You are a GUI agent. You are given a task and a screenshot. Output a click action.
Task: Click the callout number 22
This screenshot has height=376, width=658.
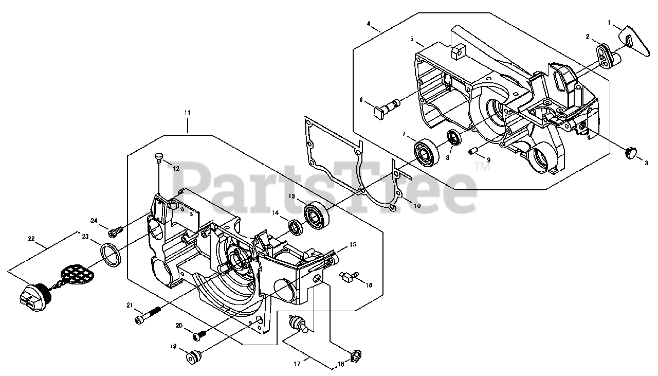click(32, 238)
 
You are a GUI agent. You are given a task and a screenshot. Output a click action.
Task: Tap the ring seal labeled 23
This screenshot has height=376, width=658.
click(109, 254)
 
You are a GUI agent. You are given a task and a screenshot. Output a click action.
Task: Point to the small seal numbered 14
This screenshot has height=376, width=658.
click(296, 226)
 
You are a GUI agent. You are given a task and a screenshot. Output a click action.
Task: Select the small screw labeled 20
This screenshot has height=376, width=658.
click(198, 335)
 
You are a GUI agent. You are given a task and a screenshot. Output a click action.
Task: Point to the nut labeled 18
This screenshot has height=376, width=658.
click(355, 356)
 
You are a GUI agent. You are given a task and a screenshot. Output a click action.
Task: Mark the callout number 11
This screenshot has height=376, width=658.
click(187, 112)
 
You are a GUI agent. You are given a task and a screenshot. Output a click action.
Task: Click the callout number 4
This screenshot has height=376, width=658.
click(369, 24)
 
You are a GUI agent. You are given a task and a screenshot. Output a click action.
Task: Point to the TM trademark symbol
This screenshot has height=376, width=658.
click(484, 167)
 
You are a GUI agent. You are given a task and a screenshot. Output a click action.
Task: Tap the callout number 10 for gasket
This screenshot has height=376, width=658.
click(416, 205)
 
